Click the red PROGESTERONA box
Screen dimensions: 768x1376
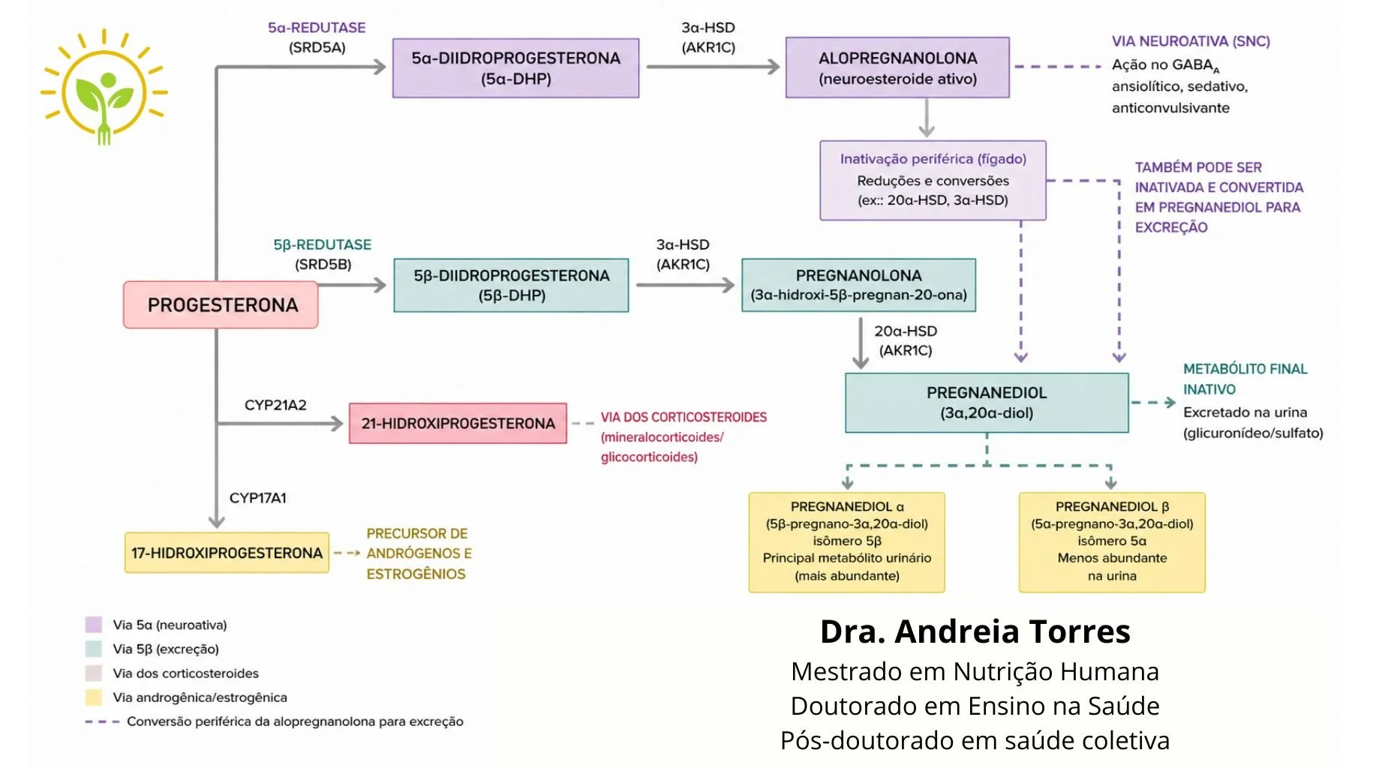[x=221, y=304]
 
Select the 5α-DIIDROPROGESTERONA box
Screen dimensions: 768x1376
[x=515, y=68]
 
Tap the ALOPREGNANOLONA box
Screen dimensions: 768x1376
[x=897, y=68]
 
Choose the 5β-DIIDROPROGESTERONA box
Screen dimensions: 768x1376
[x=511, y=285]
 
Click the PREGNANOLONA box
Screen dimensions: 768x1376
[x=858, y=285]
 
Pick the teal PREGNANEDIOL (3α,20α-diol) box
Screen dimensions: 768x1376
[x=986, y=403]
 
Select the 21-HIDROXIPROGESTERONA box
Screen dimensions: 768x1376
[x=458, y=424]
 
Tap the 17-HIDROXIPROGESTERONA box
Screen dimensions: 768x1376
[x=227, y=553]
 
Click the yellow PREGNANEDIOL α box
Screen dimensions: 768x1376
[x=846, y=541]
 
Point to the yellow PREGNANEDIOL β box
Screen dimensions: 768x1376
[x=1111, y=541]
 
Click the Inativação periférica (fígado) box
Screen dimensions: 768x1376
[x=933, y=180]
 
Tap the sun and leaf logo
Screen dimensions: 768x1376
[x=104, y=86]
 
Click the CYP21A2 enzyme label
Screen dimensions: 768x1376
[x=275, y=405]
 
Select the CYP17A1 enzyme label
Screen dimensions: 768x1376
[x=257, y=498]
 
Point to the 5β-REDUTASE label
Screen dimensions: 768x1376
[x=322, y=244]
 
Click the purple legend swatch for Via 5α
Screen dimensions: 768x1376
[x=94, y=625]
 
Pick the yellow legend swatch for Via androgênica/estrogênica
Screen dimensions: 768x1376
[x=94, y=697]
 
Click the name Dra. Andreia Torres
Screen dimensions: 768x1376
[x=975, y=631]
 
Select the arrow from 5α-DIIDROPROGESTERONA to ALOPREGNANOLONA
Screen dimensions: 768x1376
[x=712, y=67]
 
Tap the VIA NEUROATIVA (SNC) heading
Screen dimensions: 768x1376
[x=1191, y=41]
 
